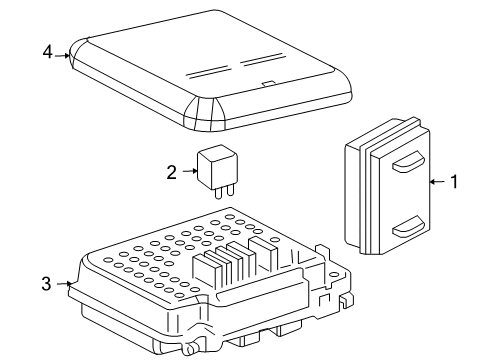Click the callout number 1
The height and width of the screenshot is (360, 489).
coord(454,182)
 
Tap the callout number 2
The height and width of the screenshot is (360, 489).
coord(171,171)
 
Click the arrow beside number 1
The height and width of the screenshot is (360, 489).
coord(435,182)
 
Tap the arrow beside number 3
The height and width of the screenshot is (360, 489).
coord(66,285)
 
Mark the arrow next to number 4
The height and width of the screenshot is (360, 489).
coord(66,55)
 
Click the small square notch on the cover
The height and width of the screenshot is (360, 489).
coord(266,84)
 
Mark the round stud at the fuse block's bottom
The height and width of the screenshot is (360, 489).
coord(185,350)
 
